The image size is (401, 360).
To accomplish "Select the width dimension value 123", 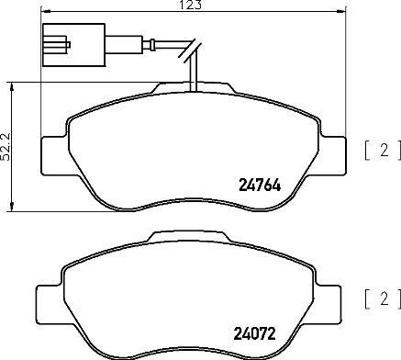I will coord(193,6).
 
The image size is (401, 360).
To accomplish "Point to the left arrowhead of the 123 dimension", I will coord(49,13).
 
